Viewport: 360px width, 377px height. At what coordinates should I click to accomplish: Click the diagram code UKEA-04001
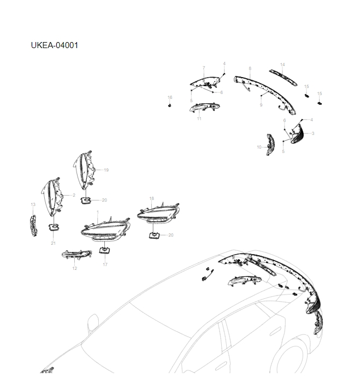click(55, 45)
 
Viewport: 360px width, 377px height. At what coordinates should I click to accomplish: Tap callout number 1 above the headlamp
click(98, 212)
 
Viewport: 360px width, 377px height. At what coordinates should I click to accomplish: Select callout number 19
click(106, 170)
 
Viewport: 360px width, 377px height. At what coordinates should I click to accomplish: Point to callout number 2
click(74, 195)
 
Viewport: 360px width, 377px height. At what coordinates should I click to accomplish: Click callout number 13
click(33, 204)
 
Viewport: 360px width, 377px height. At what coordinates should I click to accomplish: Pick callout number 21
click(53, 243)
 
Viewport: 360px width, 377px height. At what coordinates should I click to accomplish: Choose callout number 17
click(105, 264)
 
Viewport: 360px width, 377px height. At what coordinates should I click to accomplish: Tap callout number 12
click(74, 268)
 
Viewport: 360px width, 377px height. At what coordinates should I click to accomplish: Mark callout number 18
click(151, 198)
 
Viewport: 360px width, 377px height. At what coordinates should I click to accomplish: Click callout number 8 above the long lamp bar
click(250, 68)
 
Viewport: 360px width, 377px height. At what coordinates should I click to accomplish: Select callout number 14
click(282, 64)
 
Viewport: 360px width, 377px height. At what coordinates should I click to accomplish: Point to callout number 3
click(313, 133)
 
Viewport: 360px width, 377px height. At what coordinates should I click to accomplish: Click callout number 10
click(259, 147)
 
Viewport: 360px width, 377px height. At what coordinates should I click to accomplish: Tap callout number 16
click(170, 97)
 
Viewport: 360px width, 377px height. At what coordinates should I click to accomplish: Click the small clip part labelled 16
click(169, 105)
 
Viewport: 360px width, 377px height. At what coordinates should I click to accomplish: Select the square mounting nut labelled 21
click(54, 227)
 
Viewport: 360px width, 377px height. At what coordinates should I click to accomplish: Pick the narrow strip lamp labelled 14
click(284, 78)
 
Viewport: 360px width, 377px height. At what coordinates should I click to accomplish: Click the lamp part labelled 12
click(76, 255)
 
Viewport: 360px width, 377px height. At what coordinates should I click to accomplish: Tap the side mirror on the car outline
click(93, 321)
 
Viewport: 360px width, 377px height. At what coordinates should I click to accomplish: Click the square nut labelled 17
click(105, 250)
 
